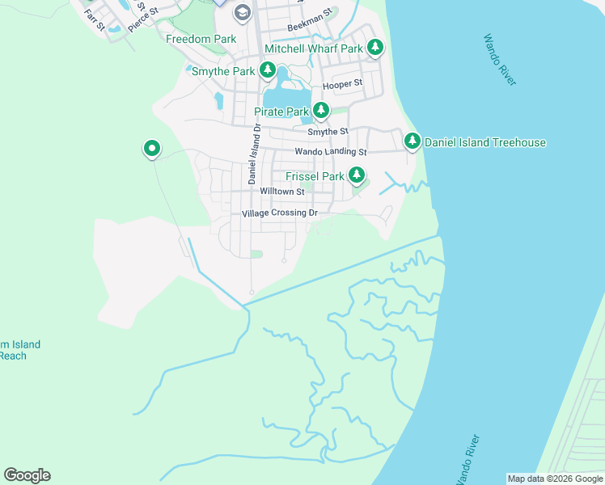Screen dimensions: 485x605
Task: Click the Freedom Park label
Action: point(201,39)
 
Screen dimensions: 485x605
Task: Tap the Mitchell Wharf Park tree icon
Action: point(374,48)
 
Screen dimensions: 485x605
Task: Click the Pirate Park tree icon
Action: point(322,110)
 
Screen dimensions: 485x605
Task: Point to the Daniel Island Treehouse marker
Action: point(412,142)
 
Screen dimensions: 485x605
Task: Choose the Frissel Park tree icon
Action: point(356,175)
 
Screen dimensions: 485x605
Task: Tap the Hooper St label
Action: point(342,84)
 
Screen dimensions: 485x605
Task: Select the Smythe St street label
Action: point(328,131)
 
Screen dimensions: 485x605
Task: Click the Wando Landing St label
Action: point(330,151)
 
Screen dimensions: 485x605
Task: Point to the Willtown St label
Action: point(281,192)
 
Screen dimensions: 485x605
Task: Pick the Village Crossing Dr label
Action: point(280,213)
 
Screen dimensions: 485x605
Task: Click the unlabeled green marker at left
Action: point(151,149)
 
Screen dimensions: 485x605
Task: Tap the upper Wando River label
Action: point(500,59)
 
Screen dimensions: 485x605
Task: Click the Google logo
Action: point(27,475)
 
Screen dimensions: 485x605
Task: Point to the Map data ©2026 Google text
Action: point(555,479)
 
